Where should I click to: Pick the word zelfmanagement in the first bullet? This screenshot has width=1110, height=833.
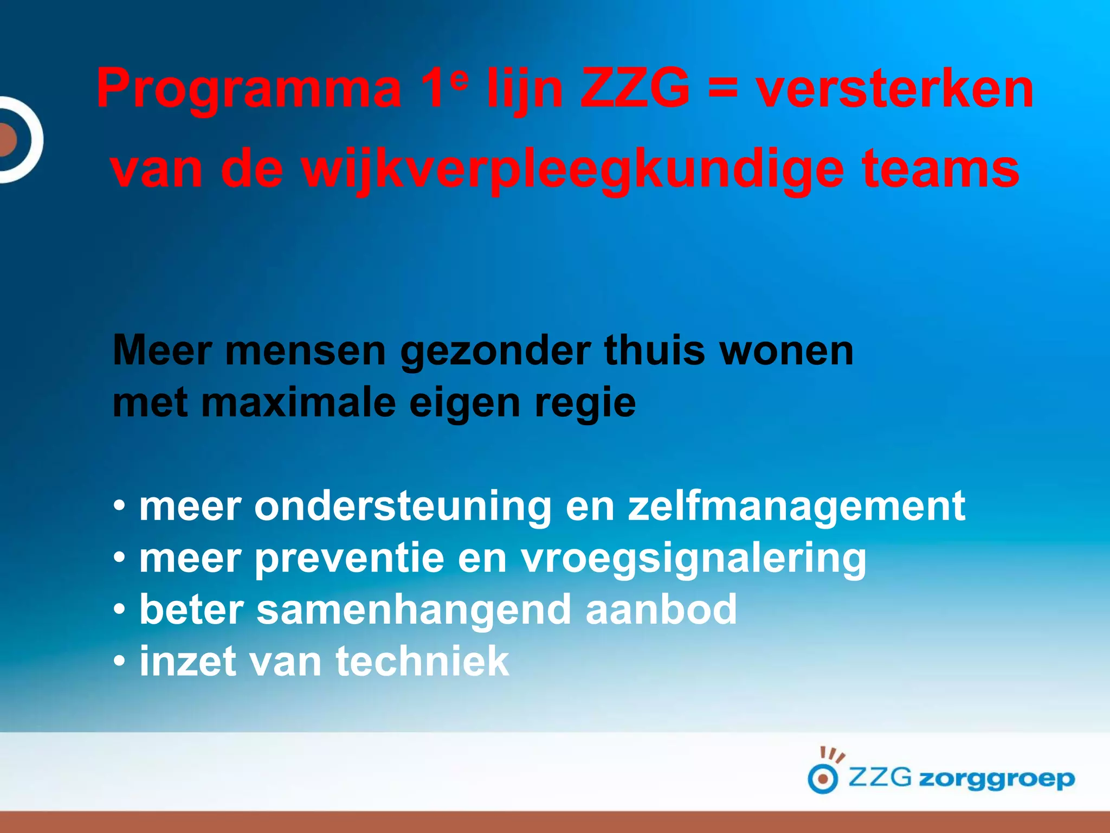(x=797, y=507)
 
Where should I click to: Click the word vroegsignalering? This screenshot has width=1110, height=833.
(x=694, y=559)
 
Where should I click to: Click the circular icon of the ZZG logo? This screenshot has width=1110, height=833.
(x=823, y=779)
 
